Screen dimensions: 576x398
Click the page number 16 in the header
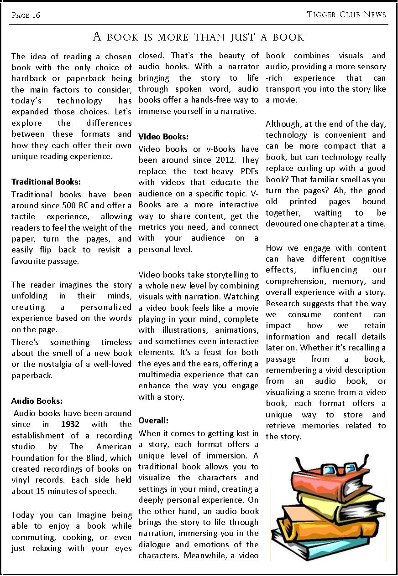coord(36,15)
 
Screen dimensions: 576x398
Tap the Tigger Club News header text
coord(346,15)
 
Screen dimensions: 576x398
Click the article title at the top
coord(199,36)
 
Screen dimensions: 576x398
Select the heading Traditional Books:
coord(46,182)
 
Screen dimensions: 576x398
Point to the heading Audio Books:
coord(37,401)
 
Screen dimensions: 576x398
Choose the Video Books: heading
coord(163,136)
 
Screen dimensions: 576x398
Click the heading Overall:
coord(153,420)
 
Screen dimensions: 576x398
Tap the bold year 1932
coord(70,424)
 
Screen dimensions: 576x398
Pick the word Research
coord(282,303)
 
